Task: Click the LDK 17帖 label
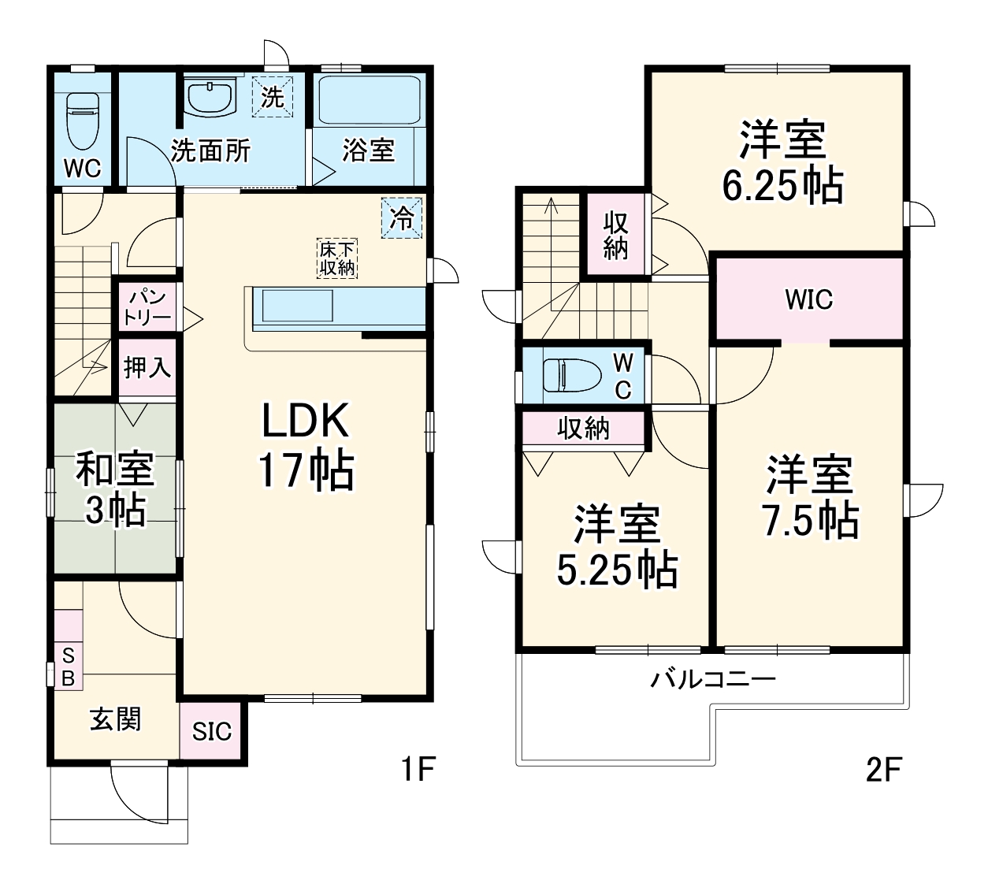(x=306, y=445)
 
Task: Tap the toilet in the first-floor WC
(x=83, y=121)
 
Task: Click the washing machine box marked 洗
(x=272, y=97)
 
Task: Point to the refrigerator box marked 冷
(x=401, y=217)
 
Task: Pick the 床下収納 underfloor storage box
(x=337, y=258)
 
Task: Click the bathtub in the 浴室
(x=370, y=100)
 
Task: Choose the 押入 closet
(x=147, y=367)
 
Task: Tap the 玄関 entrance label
(x=116, y=719)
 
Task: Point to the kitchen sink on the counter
(x=298, y=306)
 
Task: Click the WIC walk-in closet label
(x=809, y=299)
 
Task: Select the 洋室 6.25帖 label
(x=782, y=162)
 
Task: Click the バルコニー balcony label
(x=712, y=679)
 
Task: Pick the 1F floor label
(x=417, y=769)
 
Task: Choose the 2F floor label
(x=884, y=769)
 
